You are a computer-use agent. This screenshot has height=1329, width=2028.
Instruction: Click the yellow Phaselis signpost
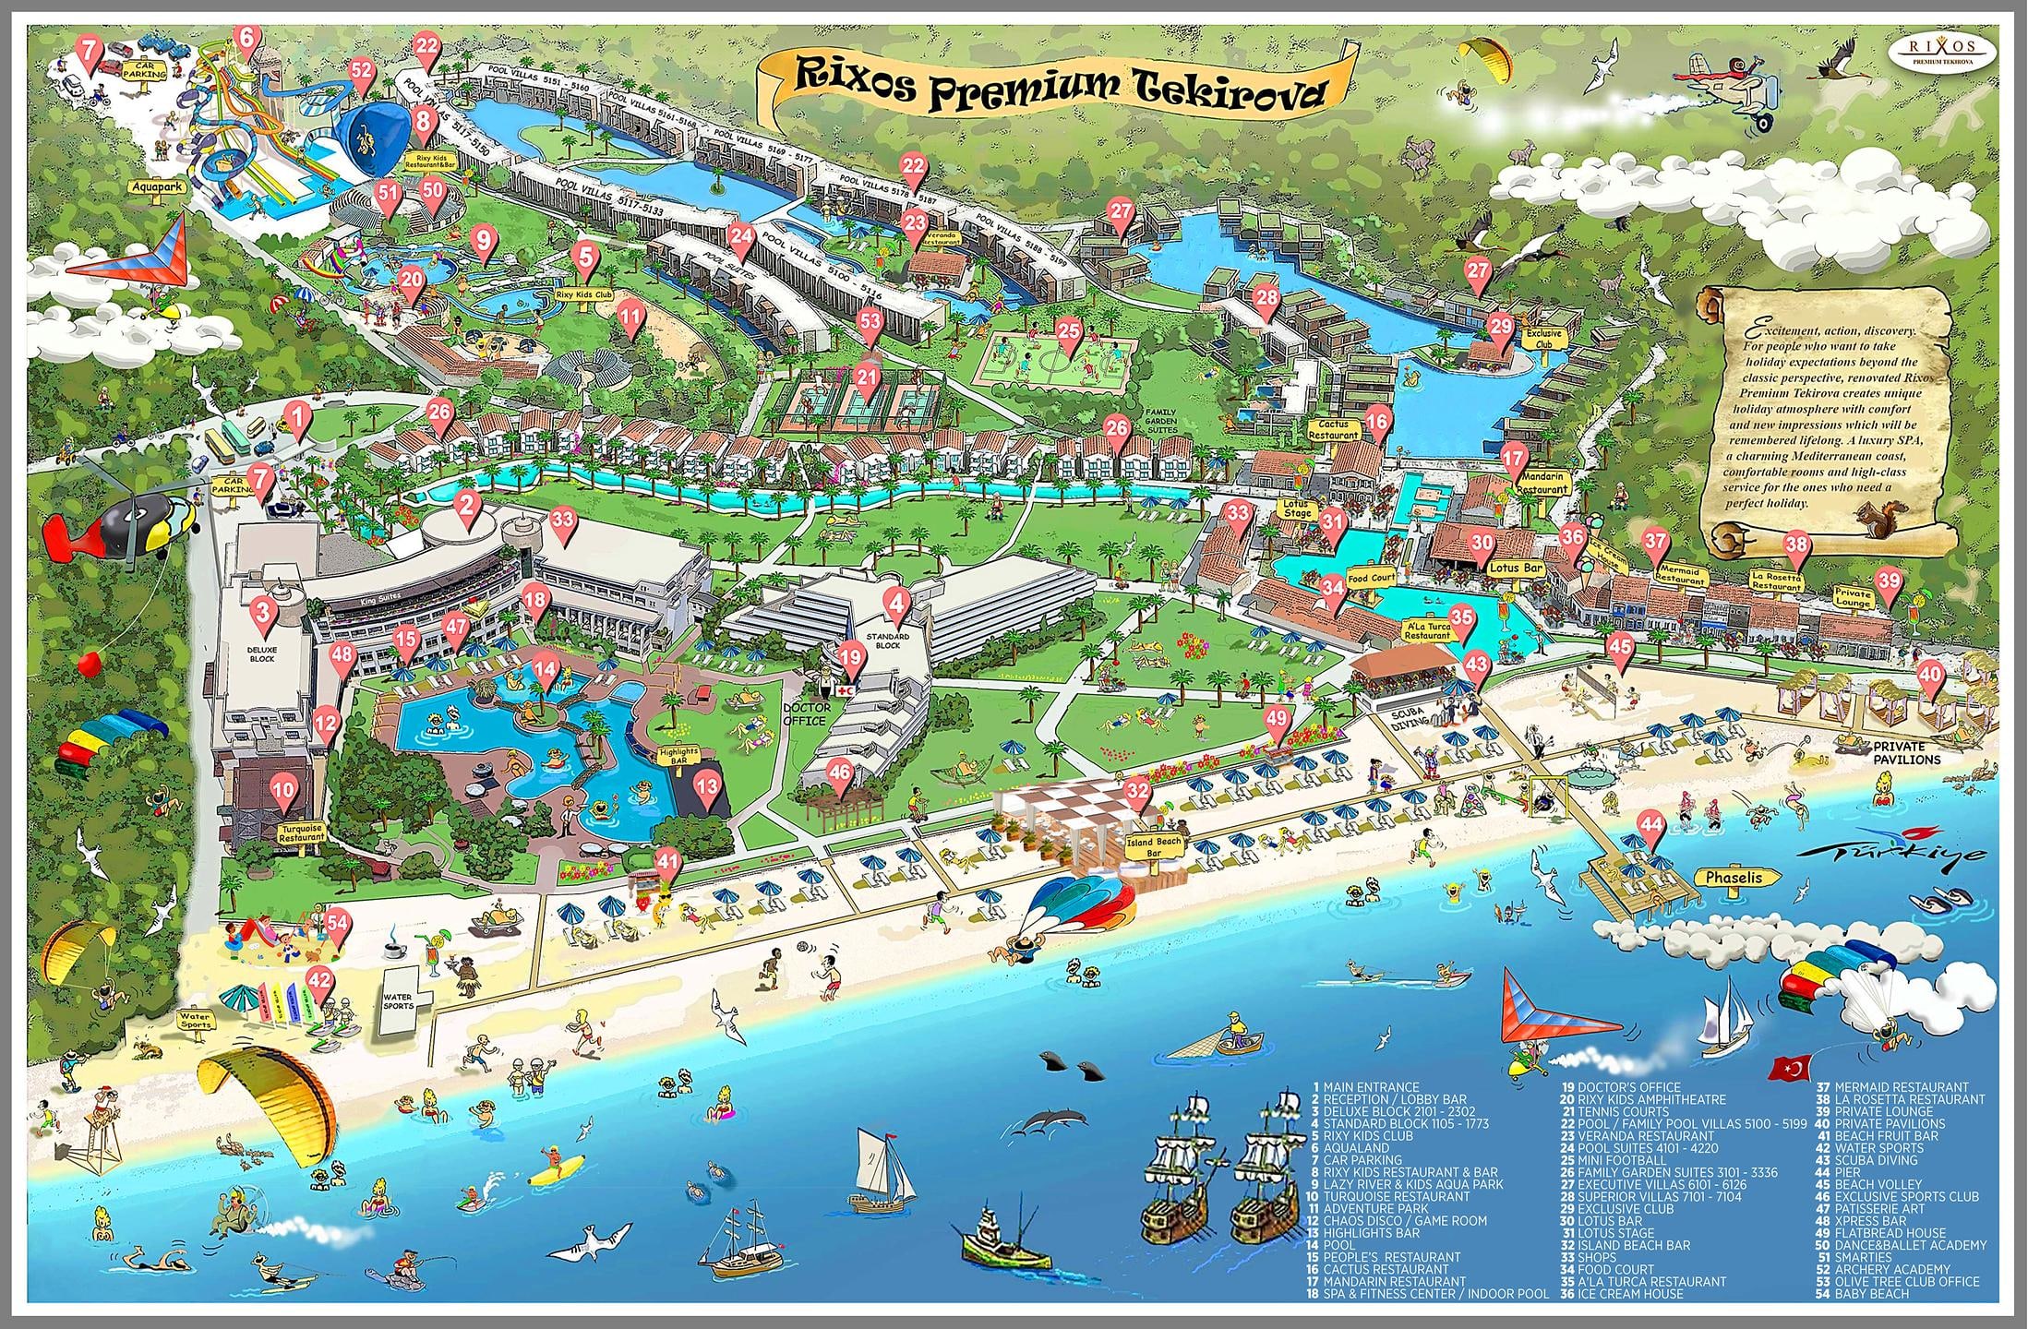coord(1734,878)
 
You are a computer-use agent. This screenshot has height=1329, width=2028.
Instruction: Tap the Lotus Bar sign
coord(1516,569)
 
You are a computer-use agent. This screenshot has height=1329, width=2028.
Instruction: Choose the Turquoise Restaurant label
coord(303,834)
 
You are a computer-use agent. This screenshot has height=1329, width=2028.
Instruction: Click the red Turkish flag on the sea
coord(1786,1069)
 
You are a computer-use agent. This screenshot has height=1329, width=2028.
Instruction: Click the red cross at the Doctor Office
coord(845,689)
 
